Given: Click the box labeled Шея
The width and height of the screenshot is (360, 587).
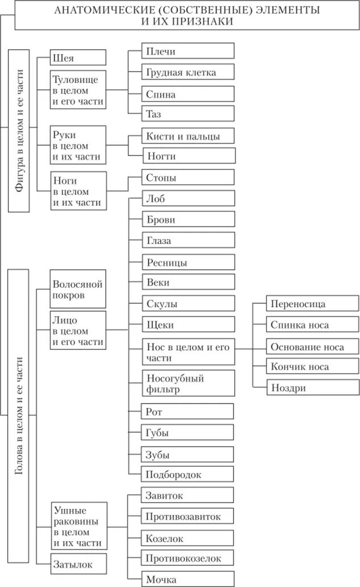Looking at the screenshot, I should tap(78, 57).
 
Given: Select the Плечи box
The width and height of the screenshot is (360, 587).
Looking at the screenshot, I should tap(188, 51).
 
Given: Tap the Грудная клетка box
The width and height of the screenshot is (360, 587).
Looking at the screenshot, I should tap(188, 72).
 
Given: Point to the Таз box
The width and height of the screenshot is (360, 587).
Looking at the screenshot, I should tap(188, 114).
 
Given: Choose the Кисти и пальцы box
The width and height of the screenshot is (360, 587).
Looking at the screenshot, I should tap(188, 136).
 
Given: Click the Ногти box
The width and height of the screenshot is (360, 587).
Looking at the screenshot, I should tap(188, 156).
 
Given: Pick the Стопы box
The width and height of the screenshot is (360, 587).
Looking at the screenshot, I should tap(188, 178).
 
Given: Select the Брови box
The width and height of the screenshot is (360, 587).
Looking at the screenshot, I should tap(188, 219).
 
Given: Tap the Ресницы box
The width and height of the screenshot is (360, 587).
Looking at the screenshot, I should tap(188, 262).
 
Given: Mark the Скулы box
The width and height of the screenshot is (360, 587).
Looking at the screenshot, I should tap(188, 304).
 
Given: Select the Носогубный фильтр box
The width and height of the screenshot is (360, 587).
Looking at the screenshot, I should tap(188, 383).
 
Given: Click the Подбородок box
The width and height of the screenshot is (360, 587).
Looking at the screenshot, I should tap(188, 474).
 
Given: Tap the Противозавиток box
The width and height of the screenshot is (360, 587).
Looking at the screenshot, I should tap(188, 516).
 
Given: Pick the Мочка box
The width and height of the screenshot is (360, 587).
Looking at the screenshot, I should tap(188, 579).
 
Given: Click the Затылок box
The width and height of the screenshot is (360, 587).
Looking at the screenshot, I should tap(78, 564).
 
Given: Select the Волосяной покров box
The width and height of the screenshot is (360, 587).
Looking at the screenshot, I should tap(78, 289).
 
